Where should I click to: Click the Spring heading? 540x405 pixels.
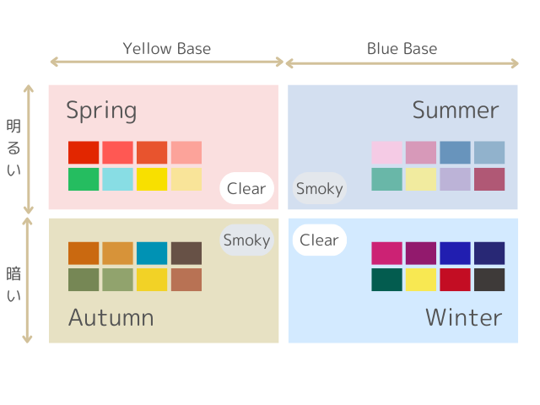(101, 111)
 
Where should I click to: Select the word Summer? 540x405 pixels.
(456, 111)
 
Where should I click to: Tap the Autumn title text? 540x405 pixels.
(111, 317)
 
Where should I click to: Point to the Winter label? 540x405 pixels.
(464, 317)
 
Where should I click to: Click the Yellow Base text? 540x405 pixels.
(167, 49)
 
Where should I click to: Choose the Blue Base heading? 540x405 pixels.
(402, 49)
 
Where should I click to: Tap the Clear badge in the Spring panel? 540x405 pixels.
(246, 188)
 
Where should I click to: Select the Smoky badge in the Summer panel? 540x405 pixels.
(319, 188)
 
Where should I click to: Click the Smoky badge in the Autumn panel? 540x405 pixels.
(246, 240)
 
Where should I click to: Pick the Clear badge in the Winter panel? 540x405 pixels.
(319, 240)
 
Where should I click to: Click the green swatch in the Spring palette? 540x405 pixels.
(84, 179)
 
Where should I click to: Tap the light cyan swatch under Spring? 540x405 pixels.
(117, 179)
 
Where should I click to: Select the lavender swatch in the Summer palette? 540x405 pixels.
(455, 179)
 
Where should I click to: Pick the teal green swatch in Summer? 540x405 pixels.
(386, 179)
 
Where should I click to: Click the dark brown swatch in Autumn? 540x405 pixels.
(186, 253)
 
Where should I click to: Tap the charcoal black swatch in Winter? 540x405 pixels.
(489, 279)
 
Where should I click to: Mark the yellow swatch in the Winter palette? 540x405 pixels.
(421, 279)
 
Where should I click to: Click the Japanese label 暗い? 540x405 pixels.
(13, 284)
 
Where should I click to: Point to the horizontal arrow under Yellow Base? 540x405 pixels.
(167, 62)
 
